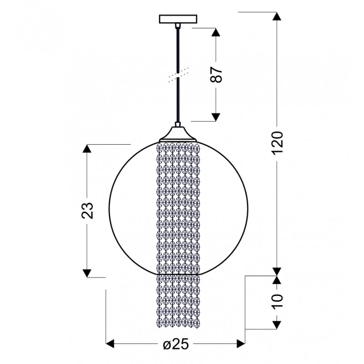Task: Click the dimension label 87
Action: pyautogui.click(x=216, y=75)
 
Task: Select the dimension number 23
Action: pyautogui.click(x=87, y=211)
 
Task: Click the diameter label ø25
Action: pyautogui.click(x=176, y=344)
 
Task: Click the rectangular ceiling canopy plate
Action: pyautogui.click(x=178, y=19)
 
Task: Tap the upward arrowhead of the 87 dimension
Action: pyautogui.click(x=216, y=32)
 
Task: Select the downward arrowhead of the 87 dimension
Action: pyautogui.click(x=216, y=117)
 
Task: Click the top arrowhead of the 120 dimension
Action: pyautogui.click(x=277, y=16)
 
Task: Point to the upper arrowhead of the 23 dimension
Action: pyautogui.click(x=87, y=149)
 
